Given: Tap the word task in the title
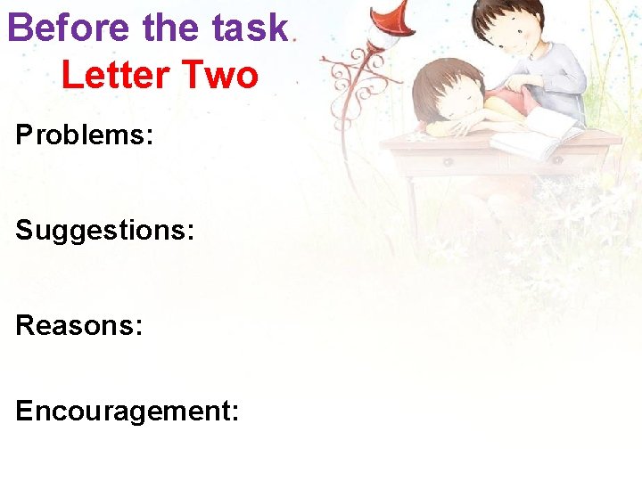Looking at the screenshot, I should coord(251,28).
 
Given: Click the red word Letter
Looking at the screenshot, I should coord(116,75).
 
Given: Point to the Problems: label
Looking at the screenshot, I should coord(85,135).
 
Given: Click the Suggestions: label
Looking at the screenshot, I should coord(104,230).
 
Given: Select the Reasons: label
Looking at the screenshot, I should coord(78,324).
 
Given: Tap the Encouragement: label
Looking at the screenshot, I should coord(127,411).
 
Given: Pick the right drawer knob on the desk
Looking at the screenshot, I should coord(558,160).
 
